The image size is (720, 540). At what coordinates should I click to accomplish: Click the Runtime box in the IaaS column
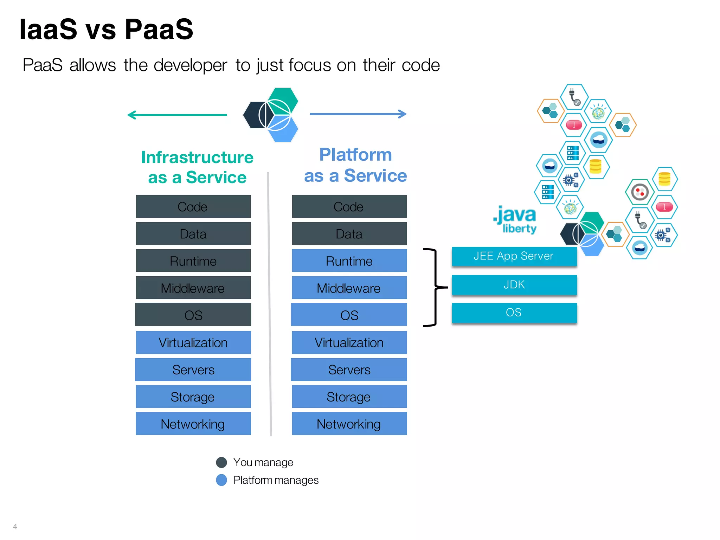click(x=193, y=261)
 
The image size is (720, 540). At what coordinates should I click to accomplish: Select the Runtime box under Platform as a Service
click(x=349, y=261)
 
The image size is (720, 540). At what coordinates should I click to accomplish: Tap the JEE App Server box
click(x=514, y=256)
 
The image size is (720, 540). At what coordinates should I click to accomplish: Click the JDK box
click(x=514, y=285)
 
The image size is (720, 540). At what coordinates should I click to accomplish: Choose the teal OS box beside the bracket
click(x=514, y=313)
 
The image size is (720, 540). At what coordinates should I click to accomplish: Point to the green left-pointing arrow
click(x=177, y=115)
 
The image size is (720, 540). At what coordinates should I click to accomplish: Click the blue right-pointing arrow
click(x=358, y=114)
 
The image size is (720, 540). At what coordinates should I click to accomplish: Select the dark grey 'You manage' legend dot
click(x=221, y=462)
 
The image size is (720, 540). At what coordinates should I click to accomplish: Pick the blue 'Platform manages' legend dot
click(x=221, y=480)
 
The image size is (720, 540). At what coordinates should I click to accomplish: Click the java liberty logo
click(x=515, y=219)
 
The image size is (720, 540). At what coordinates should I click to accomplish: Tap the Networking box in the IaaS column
click(x=193, y=424)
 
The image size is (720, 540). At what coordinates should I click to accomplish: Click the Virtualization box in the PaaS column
click(x=349, y=342)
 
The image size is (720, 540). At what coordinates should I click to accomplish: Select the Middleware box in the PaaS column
click(x=349, y=288)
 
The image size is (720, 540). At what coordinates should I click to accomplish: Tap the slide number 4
click(x=15, y=526)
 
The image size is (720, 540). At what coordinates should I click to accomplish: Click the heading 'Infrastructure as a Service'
click(x=197, y=167)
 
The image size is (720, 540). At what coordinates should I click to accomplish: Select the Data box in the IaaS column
click(x=193, y=234)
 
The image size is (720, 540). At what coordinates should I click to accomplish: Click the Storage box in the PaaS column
click(x=349, y=397)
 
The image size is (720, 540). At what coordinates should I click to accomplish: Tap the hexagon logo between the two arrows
click(x=271, y=115)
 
